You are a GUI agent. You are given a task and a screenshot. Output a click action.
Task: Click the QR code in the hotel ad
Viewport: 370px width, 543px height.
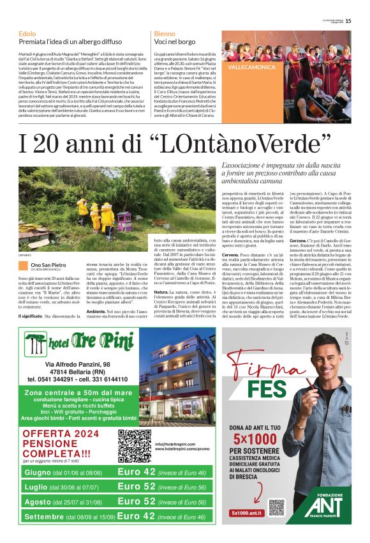(x=133, y=445)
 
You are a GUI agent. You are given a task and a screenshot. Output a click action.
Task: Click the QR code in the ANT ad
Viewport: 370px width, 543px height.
(x=276, y=508)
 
